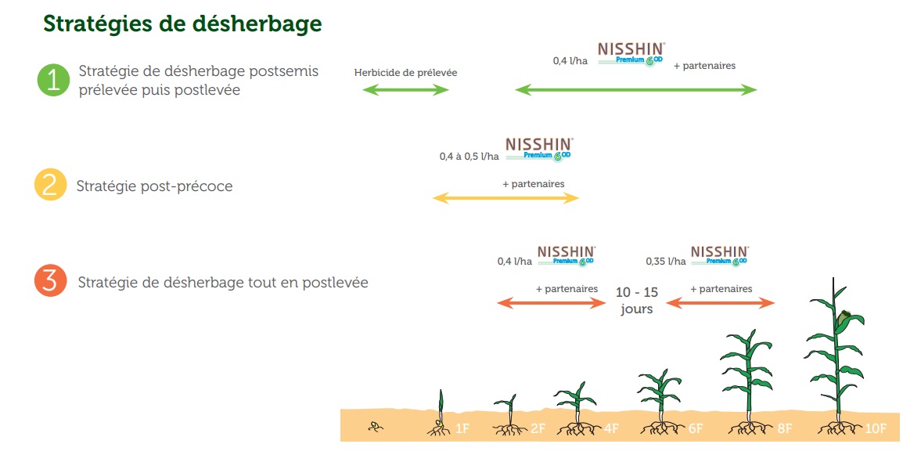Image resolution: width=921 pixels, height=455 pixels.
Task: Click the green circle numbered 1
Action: pos(54,80)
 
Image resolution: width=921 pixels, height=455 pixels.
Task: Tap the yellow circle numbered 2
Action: pos(51,184)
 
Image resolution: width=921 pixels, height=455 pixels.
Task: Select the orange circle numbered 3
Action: pos(51,281)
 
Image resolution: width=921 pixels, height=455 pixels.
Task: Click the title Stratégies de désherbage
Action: pos(182,23)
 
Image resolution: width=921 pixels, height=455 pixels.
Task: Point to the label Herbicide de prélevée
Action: pos(405,73)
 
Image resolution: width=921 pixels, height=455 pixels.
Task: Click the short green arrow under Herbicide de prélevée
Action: pos(405,90)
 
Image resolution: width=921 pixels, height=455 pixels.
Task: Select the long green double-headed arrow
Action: pos(636,90)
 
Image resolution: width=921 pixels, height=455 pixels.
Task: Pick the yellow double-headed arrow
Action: pos(505,199)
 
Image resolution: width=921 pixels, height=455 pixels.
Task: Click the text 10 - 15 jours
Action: pos(637,301)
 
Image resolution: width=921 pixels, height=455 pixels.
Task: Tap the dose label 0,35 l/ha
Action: pos(665,261)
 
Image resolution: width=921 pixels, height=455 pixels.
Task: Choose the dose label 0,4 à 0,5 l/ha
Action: pos(469,157)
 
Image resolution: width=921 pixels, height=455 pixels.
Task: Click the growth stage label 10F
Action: pos(875,429)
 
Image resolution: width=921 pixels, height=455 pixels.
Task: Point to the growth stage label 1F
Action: pos(462,429)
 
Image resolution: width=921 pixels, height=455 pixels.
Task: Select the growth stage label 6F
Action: pos(696,429)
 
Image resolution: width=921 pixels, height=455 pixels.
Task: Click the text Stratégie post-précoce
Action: pos(154,186)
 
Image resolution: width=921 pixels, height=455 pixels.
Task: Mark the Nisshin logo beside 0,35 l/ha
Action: pos(720,255)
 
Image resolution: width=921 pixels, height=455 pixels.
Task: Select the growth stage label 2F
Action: pos(538,429)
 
